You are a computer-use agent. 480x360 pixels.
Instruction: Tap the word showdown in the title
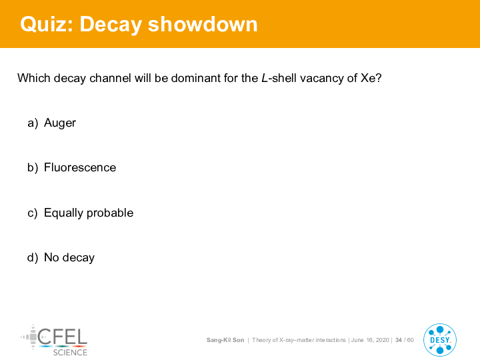pyautogui.click(x=203, y=24)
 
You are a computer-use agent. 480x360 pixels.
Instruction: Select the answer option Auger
pyautogui.click(x=60, y=123)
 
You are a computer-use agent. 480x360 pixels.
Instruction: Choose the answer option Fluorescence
pyautogui.click(x=80, y=167)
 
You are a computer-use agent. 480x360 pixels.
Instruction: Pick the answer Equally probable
pyautogui.click(x=89, y=213)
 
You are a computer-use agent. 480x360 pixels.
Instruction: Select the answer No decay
pyautogui.click(x=69, y=258)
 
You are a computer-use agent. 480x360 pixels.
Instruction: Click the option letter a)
pyautogui.click(x=33, y=123)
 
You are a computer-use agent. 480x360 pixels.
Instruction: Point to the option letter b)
pyautogui.click(x=33, y=168)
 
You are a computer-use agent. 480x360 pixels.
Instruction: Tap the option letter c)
pyautogui.click(x=33, y=213)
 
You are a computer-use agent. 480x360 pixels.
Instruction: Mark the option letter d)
pyautogui.click(x=33, y=258)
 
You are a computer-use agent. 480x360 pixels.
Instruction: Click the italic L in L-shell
pyautogui.click(x=265, y=78)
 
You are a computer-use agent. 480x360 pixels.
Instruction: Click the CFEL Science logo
pyautogui.click(x=54, y=341)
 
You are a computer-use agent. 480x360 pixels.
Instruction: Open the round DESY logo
pyautogui.click(x=440, y=340)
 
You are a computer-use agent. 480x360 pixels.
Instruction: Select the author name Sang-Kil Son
pyautogui.click(x=225, y=340)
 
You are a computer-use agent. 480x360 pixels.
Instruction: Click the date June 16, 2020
pyautogui.click(x=370, y=340)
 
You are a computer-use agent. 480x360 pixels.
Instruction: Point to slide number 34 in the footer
pyautogui.click(x=399, y=340)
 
